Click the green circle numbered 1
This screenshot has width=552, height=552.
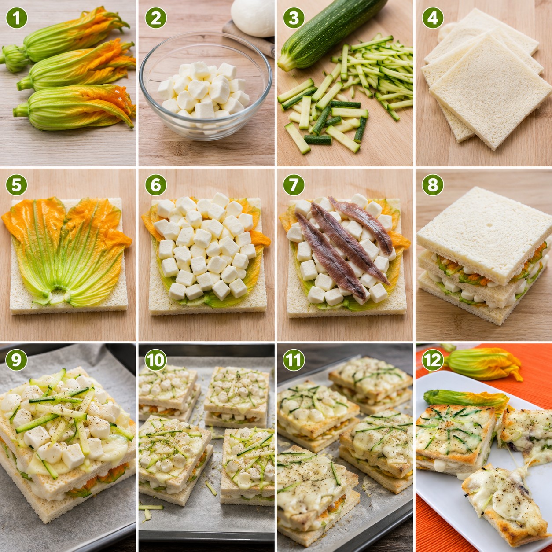tap(17, 18)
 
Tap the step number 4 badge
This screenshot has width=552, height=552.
tap(433, 18)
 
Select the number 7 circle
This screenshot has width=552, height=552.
tap(294, 185)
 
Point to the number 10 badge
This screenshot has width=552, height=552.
tap(155, 360)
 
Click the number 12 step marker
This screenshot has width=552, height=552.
tap(433, 360)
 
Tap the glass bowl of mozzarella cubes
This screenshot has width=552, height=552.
tap(206, 86)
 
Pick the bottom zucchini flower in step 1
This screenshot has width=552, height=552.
tap(75, 107)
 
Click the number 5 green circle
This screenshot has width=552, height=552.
tap(17, 185)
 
